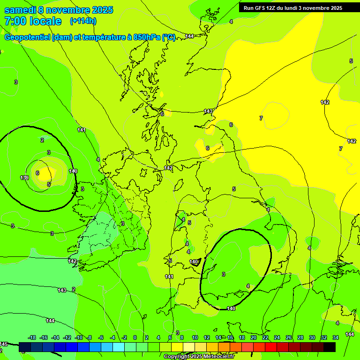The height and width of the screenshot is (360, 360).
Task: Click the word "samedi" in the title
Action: click(20, 10)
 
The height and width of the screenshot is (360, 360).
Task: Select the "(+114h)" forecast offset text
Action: click(83, 21)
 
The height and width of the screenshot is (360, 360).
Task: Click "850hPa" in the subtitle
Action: click(147, 37)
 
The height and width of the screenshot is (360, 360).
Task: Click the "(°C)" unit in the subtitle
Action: click(168, 37)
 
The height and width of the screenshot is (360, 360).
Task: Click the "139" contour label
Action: click(24, 177)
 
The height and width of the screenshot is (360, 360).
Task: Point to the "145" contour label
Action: click(4, 344)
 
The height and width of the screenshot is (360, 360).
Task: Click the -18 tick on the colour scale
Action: click(32, 337)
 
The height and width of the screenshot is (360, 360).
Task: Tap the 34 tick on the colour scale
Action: click(336, 337)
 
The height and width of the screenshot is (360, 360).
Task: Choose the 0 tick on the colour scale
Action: click(135, 337)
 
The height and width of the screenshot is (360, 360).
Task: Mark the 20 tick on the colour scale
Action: click(254, 337)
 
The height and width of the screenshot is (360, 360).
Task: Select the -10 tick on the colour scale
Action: click(79, 337)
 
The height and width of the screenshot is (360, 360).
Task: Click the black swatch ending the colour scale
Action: click(330, 347)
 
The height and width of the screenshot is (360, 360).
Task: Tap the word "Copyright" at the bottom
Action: click(177, 357)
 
